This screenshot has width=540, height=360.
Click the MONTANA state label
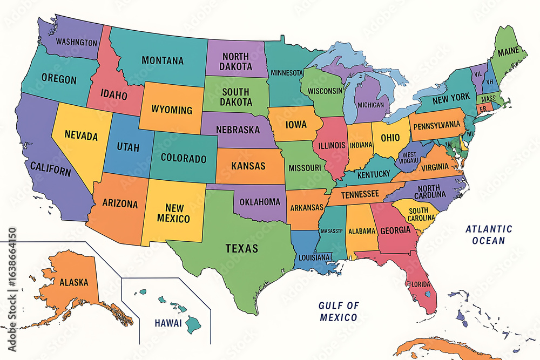coord(163,61)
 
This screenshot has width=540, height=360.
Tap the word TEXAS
coord(241,249)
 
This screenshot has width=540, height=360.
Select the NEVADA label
coord(81,136)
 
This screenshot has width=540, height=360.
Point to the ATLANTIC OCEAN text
coord(489,235)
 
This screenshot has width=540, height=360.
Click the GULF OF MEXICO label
coord(338,311)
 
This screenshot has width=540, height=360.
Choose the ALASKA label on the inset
coord(74,282)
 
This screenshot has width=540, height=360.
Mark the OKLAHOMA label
coord(260,202)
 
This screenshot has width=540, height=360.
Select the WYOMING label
coord(172,110)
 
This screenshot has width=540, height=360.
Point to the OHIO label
coord(390,137)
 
